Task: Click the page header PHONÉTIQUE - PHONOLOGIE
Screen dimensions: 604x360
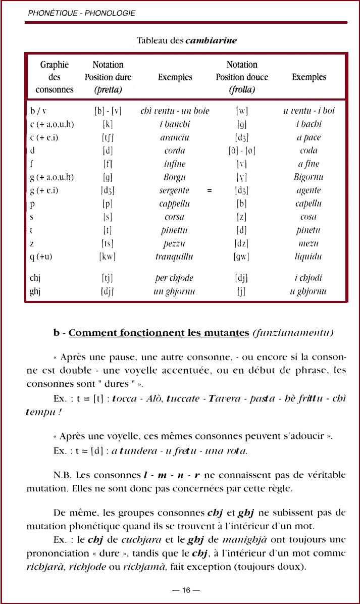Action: click(82, 13)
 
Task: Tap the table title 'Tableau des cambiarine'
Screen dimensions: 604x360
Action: click(187, 40)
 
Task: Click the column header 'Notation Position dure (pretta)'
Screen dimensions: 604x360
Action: click(108, 77)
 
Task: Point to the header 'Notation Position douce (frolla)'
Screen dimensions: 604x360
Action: click(242, 77)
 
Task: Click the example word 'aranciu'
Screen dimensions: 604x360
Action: click(175, 137)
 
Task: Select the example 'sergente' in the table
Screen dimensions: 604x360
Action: click(175, 190)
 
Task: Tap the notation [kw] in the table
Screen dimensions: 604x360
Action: click(108, 257)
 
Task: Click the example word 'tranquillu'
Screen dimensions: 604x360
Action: click(175, 257)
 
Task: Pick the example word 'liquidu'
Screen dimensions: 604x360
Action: click(309, 257)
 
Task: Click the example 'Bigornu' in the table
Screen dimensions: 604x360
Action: click(309, 177)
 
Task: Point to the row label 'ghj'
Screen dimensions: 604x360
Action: click(35, 291)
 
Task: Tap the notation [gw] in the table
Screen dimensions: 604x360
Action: click(242, 257)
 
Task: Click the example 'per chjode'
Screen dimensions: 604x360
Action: click(175, 278)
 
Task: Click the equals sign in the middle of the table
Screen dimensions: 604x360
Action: click(209, 191)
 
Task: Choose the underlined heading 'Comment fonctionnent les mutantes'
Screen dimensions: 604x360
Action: click(159, 333)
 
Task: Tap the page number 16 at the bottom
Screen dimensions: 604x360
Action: click(186, 590)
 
